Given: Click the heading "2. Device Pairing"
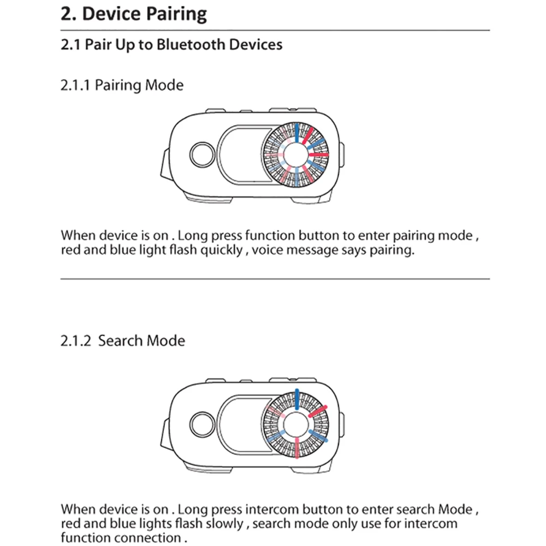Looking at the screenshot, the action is coord(134,14).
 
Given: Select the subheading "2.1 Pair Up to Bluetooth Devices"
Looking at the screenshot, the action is coord(171,44).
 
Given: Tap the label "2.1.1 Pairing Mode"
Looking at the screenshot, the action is coord(122,85).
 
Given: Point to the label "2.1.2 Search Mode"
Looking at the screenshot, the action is coord(123,341).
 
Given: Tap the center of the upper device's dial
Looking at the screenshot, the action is coord(296,155).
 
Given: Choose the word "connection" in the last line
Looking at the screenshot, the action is coord(149,538).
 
